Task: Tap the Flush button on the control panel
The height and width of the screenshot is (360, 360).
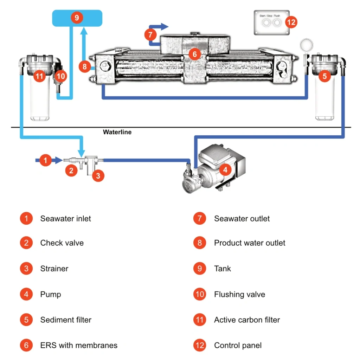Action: point(277,23)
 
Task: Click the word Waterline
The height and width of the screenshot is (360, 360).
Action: point(117,132)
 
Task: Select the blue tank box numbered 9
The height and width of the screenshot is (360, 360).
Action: point(77,18)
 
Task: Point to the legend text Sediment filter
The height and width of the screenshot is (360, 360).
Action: point(66,320)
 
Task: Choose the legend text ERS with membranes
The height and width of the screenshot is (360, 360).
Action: point(79,345)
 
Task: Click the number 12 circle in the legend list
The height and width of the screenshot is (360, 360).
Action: point(199,345)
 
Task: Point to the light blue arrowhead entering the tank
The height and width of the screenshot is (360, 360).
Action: point(83,32)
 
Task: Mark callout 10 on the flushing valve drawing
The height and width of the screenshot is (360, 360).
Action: point(60,76)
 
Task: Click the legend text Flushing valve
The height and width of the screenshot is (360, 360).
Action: point(239,294)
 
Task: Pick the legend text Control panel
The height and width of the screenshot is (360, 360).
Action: point(238,345)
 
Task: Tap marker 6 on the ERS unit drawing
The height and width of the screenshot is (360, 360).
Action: point(194,54)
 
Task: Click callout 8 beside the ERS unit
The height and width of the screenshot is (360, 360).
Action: point(85,66)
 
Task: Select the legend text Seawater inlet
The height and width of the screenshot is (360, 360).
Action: point(65,218)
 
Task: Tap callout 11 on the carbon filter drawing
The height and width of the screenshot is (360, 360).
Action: point(40,76)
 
